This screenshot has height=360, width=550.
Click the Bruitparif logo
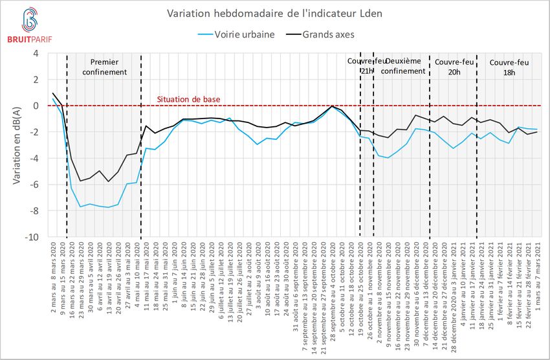tap(28, 25)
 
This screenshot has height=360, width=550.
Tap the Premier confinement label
tap(104, 67)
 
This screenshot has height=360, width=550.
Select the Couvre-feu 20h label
tap(453, 67)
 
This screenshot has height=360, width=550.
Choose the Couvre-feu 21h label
tap(366, 66)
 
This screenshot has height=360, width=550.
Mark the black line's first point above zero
tap(53, 93)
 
